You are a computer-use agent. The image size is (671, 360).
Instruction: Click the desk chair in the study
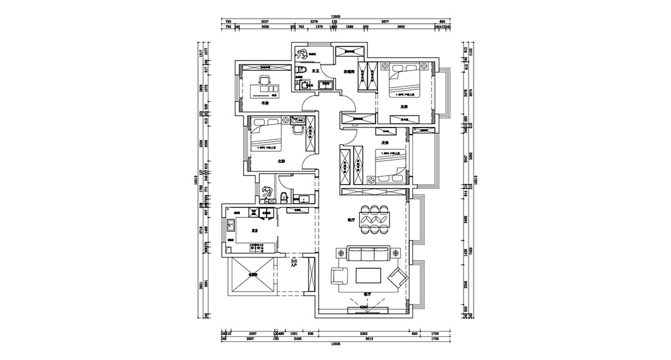pyautogui.click(x=264, y=79)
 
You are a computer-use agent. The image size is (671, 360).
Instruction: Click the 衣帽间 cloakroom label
pyautogui.click(x=349, y=72)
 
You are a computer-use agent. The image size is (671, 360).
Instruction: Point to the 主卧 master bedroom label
pyautogui.click(x=404, y=107)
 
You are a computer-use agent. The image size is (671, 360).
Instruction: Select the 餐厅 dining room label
pyautogui.click(x=350, y=220)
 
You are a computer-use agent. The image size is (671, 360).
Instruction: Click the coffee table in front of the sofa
pyautogui.click(x=369, y=275)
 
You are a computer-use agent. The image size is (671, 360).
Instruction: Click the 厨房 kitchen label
pyautogui.click(x=255, y=231)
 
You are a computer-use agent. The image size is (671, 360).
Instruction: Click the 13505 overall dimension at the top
pyautogui.click(x=335, y=17)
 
